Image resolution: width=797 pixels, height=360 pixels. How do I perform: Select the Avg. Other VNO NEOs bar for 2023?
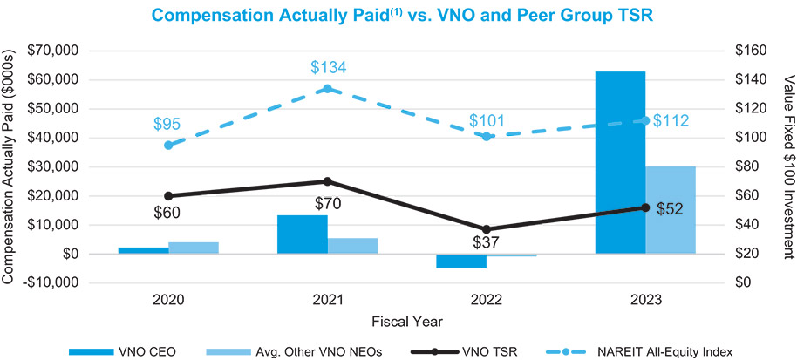(671, 210)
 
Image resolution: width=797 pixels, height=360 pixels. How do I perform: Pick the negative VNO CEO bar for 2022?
(460, 261)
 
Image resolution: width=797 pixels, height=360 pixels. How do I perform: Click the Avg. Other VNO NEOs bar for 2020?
(194, 248)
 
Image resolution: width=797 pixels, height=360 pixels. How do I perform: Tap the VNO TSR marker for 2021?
(327, 181)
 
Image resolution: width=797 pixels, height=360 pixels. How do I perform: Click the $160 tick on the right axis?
(749, 51)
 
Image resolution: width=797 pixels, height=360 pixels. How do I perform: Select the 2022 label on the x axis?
(486, 299)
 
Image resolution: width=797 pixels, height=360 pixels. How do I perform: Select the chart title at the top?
(401, 15)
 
